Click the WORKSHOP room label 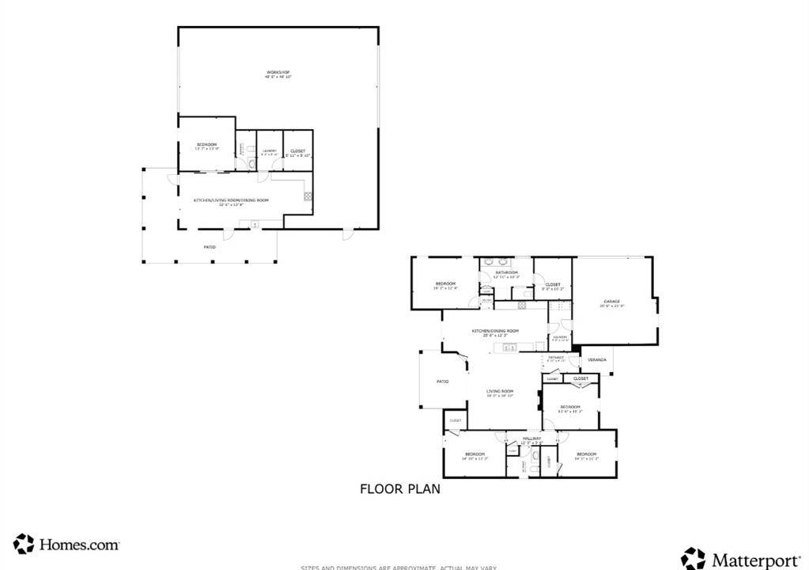coord(278,74)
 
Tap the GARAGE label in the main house coord(612,302)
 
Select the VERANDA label coord(596,360)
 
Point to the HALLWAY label coord(531,439)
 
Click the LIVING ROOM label coord(500,391)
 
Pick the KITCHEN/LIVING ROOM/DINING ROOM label coord(231,200)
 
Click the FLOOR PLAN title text coord(400,489)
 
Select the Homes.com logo coord(66,544)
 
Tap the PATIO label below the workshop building coord(210,247)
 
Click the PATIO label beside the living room coord(443,382)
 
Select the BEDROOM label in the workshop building coord(206,145)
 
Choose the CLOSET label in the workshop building coord(297,150)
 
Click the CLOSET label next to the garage coord(552,285)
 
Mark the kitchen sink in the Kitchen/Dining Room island coord(510,347)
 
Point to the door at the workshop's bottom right coord(346,233)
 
